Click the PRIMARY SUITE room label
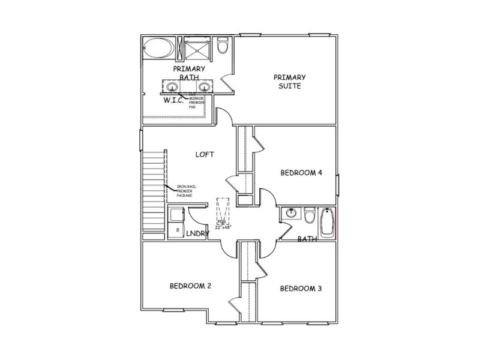coord(289,82)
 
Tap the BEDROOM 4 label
coord(301,173)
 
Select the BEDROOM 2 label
coord(190,286)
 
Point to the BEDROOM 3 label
coord(301,289)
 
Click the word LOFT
coord(205,154)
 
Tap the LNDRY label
coord(196,234)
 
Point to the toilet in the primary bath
coord(223,46)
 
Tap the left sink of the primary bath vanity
coord(171,88)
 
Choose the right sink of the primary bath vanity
coord(204,88)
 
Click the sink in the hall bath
coord(291,213)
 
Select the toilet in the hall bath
coord(310,215)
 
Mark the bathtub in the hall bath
coord(327,222)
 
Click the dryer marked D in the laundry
coord(178,229)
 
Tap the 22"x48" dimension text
coord(224,227)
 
